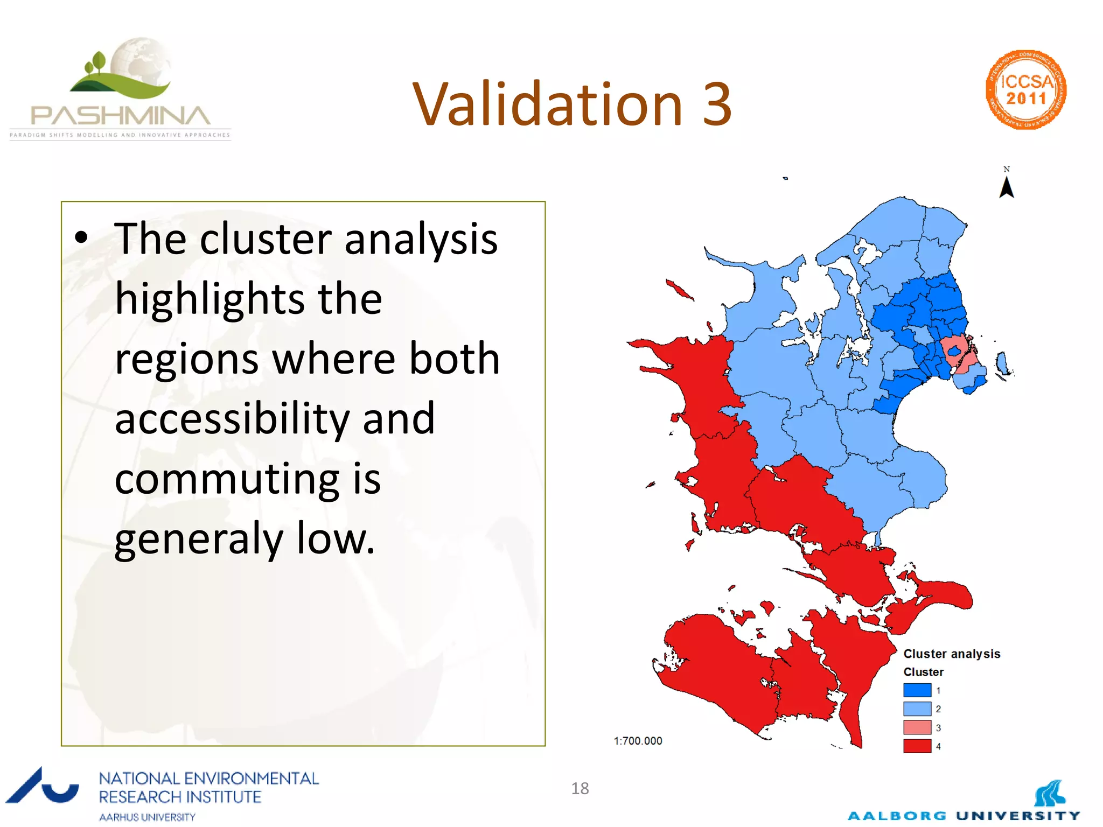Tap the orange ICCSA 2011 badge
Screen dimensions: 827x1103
tap(1026, 90)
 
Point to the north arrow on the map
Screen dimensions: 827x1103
tap(1006, 187)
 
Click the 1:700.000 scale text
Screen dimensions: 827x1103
tap(638, 741)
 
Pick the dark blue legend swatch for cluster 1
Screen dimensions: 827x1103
tap(917, 690)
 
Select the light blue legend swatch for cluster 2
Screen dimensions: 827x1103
tap(917, 709)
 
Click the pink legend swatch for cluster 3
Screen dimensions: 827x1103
tap(917, 727)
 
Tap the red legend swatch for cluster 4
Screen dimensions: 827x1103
tap(917, 746)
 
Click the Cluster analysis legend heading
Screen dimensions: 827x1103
tap(951, 654)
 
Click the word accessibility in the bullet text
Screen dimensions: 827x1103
tap(232, 419)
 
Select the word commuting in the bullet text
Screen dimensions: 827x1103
tap(227, 479)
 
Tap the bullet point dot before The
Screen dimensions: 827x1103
tap(81, 237)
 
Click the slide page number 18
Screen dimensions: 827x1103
tap(580, 788)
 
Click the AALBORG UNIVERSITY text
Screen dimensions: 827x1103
tap(964, 816)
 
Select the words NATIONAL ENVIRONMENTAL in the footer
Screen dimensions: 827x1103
tap(208, 779)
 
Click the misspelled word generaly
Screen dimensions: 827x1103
tap(199, 539)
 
